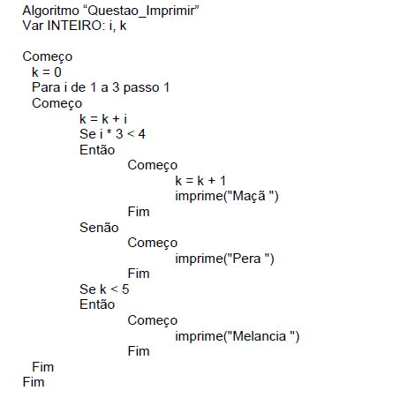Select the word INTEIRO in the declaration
point(76,26)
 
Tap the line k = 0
point(47,72)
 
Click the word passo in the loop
point(141,88)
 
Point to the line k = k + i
point(103,119)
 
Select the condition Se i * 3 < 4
point(112,134)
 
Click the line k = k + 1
point(200,181)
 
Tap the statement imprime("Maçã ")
point(227,196)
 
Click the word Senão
point(99,228)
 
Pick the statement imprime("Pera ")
point(224,259)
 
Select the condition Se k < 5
point(104,289)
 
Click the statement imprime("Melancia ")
point(238,336)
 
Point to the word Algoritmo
point(51,11)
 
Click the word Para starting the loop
point(46,87)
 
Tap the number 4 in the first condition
point(142,134)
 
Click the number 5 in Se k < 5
point(125,289)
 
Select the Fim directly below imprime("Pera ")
point(139,274)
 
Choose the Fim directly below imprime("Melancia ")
point(139,351)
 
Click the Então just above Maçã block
point(97,150)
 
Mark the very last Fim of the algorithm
point(34,382)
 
